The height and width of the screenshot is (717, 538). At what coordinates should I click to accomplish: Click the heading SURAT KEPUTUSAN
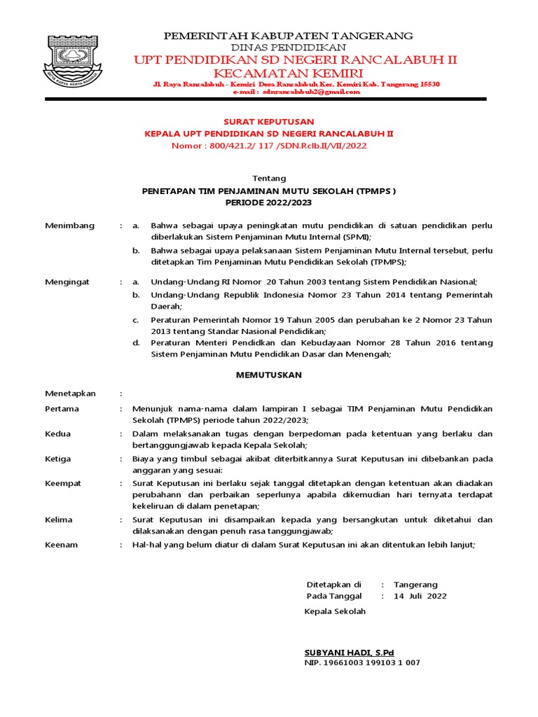pyautogui.click(x=268, y=122)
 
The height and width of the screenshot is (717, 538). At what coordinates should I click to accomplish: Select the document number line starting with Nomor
pyautogui.click(x=269, y=146)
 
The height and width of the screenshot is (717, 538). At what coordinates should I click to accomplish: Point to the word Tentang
pyautogui.click(x=268, y=179)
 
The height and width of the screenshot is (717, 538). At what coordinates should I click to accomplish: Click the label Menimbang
pyautogui.click(x=64, y=225)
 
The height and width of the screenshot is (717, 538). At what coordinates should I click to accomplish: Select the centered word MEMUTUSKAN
pyautogui.click(x=268, y=375)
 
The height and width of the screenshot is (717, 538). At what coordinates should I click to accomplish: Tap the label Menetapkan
pyautogui.click(x=70, y=394)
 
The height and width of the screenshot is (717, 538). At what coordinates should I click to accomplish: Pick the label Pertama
pyautogui.click(x=62, y=408)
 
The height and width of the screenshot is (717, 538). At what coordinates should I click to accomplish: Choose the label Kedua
pyautogui.click(x=57, y=433)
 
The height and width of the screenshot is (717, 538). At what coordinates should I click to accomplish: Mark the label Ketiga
pyautogui.click(x=58, y=459)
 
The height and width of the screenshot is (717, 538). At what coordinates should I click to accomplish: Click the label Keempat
pyautogui.click(x=63, y=483)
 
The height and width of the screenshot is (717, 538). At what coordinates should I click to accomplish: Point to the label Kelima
pyautogui.click(x=58, y=520)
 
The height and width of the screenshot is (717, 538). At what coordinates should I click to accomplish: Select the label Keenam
pyautogui.click(x=61, y=544)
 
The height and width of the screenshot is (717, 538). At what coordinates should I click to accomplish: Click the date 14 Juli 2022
pyautogui.click(x=420, y=597)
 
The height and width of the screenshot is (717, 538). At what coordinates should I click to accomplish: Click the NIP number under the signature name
pyautogui.click(x=361, y=662)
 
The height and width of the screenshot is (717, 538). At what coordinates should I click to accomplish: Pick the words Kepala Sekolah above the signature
pyautogui.click(x=335, y=611)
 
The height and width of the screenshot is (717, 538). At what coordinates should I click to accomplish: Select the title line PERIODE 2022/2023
pyautogui.click(x=268, y=202)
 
